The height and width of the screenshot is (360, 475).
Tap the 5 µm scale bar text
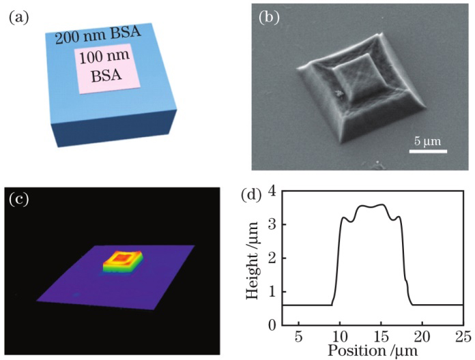pos(429,141)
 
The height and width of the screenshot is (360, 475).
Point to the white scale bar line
pos(428,151)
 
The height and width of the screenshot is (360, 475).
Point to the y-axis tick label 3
pos(271,225)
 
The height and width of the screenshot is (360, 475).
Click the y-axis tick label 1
pos(271,291)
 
